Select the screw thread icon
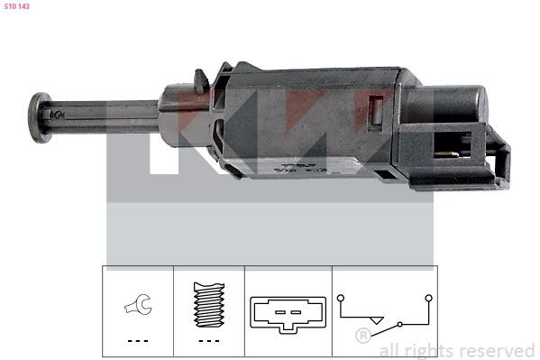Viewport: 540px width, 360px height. coord(208,305)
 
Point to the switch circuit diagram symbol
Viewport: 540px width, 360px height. coord(383,311)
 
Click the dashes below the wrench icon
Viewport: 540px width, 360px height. coord(138,340)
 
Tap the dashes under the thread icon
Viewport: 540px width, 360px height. coord(208,340)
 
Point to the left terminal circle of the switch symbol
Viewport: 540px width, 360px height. coord(340,297)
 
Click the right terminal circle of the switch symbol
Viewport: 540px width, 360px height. coord(428,297)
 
